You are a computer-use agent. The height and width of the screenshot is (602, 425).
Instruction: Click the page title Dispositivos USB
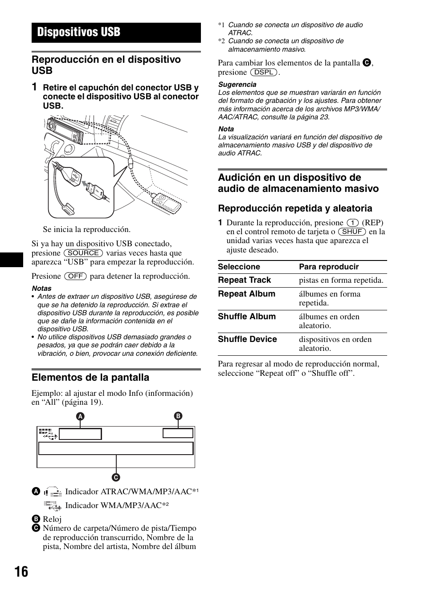click(x=79, y=32)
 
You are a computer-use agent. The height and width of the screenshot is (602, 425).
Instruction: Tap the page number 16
click(x=20, y=571)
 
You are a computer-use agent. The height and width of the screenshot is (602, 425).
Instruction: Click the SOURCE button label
click(x=83, y=253)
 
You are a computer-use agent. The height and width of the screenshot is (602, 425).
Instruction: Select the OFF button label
click(x=75, y=276)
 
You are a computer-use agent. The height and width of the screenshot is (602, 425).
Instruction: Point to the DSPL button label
click(x=264, y=72)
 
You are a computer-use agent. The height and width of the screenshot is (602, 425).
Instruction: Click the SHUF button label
click(x=352, y=232)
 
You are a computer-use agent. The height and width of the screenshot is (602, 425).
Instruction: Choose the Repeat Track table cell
click(x=245, y=280)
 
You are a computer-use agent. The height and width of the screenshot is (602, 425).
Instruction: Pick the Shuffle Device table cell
click(x=247, y=339)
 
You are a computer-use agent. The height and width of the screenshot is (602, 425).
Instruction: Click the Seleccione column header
click(x=239, y=267)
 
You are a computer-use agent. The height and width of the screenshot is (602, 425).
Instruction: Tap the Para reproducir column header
click(x=329, y=267)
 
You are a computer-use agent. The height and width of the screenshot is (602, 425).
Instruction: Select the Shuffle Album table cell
click(x=247, y=317)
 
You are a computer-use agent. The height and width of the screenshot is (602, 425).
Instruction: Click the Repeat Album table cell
click(x=246, y=294)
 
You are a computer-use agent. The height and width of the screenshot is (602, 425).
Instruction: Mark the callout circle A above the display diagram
click(x=80, y=417)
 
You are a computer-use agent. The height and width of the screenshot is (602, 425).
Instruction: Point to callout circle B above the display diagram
click(x=178, y=416)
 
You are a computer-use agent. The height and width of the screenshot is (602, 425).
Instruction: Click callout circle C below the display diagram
click(x=116, y=477)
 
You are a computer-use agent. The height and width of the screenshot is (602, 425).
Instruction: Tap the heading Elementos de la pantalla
click(x=90, y=378)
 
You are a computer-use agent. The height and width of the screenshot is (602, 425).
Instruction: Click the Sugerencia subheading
click(x=237, y=85)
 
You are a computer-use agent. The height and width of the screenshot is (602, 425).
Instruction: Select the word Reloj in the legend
click(x=52, y=519)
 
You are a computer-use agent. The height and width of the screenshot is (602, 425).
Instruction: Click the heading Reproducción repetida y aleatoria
click(x=295, y=208)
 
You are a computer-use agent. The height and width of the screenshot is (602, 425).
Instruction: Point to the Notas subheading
click(x=41, y=289)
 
